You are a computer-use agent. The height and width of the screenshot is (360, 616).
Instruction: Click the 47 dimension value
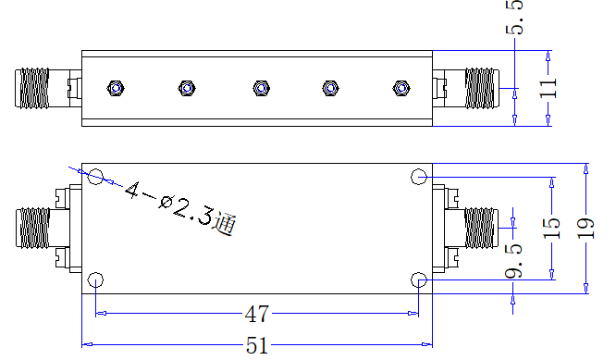coord(257,314)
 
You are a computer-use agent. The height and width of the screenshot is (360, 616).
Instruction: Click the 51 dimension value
coord(257,345)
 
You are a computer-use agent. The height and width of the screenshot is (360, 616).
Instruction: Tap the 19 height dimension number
coord(585,229)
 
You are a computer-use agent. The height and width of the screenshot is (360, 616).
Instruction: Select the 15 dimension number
coord(551,229)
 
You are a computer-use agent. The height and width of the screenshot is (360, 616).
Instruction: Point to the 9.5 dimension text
coord(514,261)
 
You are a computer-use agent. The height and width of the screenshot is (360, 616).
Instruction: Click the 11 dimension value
coord(548,88)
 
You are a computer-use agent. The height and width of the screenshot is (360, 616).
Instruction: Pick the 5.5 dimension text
coord(514,17)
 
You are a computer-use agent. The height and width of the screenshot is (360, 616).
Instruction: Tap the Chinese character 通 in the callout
coord(225,224)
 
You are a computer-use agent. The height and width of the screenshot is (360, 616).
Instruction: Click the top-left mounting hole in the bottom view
coord(95,177)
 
